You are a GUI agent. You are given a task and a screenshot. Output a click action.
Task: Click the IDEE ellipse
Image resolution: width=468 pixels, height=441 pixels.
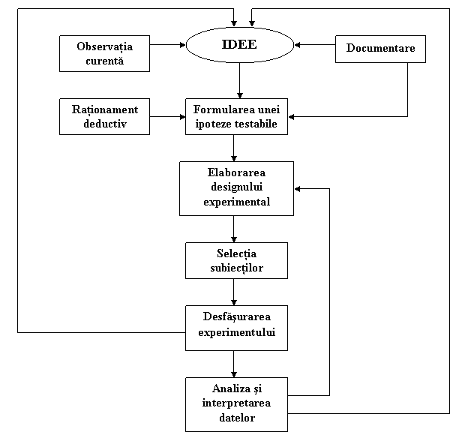coord(239,45)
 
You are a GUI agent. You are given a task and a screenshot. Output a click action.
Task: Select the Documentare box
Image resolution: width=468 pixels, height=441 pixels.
coord(380,49)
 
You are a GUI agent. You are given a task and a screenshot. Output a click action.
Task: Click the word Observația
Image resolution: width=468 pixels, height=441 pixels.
coord(104,46)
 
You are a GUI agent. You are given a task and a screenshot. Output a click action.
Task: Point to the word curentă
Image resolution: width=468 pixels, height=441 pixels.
coord(104,61)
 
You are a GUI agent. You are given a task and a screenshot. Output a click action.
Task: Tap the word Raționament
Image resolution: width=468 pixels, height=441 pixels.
coord(104,109)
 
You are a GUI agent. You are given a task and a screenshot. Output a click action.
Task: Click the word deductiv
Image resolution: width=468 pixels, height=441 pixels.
coord(104,124)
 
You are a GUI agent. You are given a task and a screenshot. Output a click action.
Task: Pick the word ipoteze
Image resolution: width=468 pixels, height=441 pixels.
coord(214,124)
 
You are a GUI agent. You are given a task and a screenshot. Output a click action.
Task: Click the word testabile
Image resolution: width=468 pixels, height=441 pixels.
coord(257,124)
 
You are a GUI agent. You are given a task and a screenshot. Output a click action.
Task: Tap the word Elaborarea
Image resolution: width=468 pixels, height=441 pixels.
coord(236,172)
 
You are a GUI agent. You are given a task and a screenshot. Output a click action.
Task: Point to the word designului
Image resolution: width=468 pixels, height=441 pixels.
coord(236,187)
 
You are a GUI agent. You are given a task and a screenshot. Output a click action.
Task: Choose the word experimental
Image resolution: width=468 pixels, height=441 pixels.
coord(236,202)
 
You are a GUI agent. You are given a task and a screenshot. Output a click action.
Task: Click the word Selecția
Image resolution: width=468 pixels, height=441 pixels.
coord(236,253)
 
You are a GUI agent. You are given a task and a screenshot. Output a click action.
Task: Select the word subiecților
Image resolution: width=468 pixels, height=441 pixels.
coord(236,268)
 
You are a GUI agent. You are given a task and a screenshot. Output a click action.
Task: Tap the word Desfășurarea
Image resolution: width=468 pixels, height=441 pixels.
coord(236,317)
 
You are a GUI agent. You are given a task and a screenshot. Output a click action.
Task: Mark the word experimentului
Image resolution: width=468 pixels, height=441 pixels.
coord(236,331)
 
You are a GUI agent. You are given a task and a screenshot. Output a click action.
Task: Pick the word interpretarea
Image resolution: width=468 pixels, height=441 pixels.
coord(236,403)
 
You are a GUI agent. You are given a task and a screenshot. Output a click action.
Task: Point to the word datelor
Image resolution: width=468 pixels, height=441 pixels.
coord(236,418)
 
